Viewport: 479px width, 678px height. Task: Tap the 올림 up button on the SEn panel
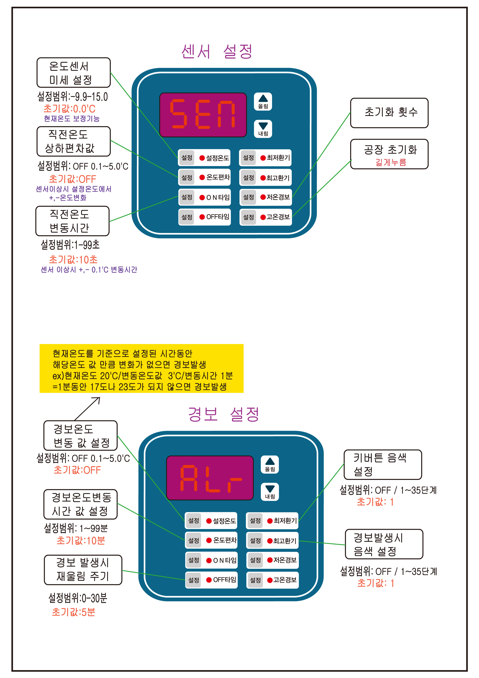tap(263, 102)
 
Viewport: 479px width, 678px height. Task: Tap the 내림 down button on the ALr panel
tap(270, 492)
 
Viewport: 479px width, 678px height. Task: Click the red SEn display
tap(203, 115)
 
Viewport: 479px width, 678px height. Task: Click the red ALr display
tap(210, 478)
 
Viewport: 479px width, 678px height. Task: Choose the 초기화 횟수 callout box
tap(389, 113)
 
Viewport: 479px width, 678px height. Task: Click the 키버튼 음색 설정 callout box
tap(383, 464)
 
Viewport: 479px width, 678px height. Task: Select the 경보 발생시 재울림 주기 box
tap(83, 570)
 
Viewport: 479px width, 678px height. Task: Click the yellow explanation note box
tap(141, 368)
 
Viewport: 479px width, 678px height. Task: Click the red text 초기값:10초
tap(73, 260)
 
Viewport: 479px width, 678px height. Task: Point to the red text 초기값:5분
tap(73, 612)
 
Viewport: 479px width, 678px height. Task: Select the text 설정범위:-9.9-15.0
tap(73, 97)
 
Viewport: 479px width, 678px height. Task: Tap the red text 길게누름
tap(391, 162)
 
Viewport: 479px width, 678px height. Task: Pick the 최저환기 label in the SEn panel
tap(278, 158)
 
